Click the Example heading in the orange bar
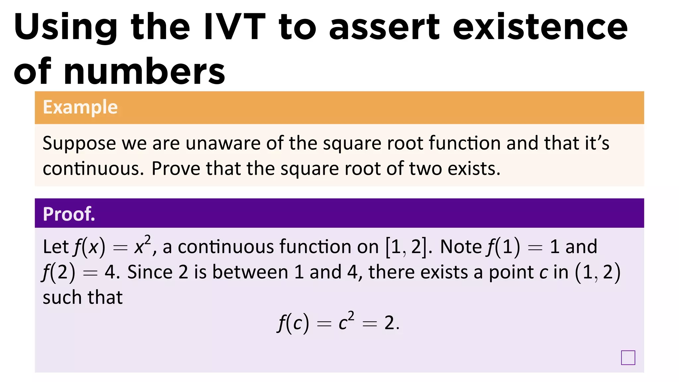click(x=80, y=107)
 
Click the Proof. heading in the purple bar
click(x=69, y=214)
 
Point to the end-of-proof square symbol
click(x=628, y=358)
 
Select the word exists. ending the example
click(x=474, y=168)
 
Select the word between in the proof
click(x=250, y=272)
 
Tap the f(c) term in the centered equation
click(x=293, y=323)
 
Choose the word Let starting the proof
click(x=55, y=247)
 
